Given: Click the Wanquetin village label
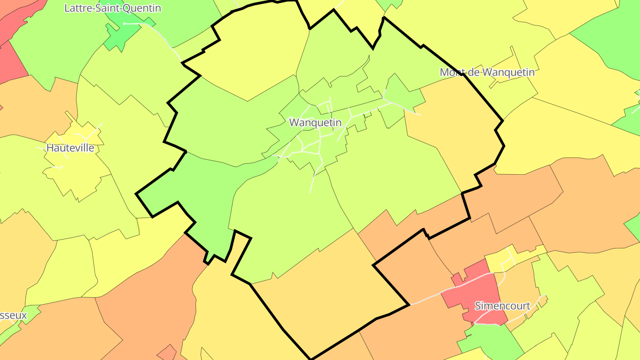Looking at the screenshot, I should pos(316,122).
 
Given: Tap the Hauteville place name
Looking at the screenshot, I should pos(70,148).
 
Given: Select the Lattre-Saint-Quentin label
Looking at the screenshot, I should pos(112,8).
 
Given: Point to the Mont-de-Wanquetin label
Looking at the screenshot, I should pos(487,72).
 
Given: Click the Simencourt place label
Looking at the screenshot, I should pos(503,306).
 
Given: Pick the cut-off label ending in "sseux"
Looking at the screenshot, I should pos(13,316).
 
